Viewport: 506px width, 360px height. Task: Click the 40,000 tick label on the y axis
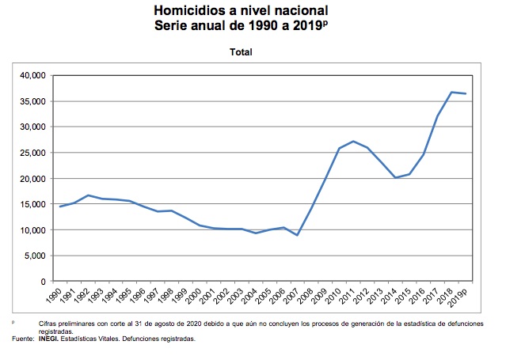tap(31, 75)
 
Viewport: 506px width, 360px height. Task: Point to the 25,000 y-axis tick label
tap(31, 153)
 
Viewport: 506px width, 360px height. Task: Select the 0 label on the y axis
tap(43, 282)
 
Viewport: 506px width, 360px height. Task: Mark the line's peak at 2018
tap(451, 93)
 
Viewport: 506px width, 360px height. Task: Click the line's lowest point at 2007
tap(298, 235)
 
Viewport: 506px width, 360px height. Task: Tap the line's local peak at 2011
tap(353, 142)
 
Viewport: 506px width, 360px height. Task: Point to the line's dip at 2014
tap(395, 177)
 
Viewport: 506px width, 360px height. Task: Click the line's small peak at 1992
tap(89, 195)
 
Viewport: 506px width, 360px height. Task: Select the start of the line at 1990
tap(61, 207)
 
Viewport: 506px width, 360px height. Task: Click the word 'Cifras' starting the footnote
tap(48, 324)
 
